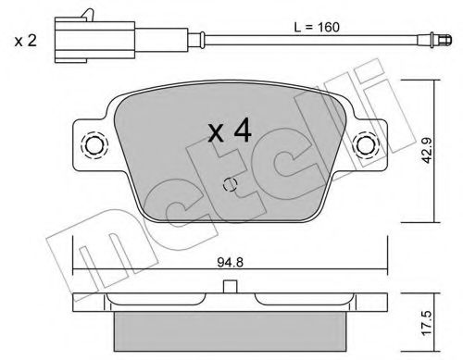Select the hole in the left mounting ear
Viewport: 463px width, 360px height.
(94, 145)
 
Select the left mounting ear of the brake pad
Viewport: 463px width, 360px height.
(90, 145)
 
